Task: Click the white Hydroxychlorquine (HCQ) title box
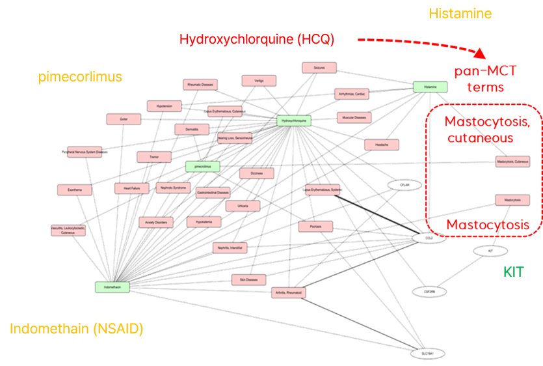coord(256,40)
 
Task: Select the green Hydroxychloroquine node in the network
coord(294,120)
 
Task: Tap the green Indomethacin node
coord(112,286)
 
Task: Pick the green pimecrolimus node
coord(202,166)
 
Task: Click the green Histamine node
coord(430,87)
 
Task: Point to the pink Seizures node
coord(319,68)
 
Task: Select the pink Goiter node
coord(124,119)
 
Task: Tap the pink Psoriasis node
coord(315,226)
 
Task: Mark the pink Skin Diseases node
coord(248,279)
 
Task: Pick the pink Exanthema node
coord(74,190)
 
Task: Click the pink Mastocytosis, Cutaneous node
coord(512,161)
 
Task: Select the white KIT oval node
coord(491,250)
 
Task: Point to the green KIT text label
coord(513,272)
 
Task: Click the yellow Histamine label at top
coord(460,13)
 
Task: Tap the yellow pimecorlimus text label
coord(80,77)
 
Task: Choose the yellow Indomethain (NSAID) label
coord(76,328)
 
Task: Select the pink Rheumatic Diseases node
coord(200,85)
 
